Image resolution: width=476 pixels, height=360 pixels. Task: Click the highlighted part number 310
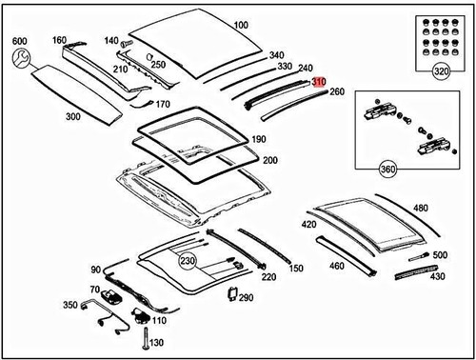pyautogui.click(x=319, y=83)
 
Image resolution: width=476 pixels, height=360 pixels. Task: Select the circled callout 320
pyautogui.click(x=441, y=70)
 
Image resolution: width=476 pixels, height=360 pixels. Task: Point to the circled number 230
pyautogui.click(x=186, y=260)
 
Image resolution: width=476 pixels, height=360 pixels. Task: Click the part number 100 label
pyautogui.click(x=240, y=25)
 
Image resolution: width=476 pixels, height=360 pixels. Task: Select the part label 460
pyautogui.click(x=337, y=266)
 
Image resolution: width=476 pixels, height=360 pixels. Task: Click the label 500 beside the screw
pyautogui.click(x=439, y=255)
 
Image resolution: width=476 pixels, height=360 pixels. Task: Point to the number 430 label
pyautogui.click(x=437, y=276)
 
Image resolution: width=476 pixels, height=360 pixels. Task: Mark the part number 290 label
pyautogui.click(x=247, y=298)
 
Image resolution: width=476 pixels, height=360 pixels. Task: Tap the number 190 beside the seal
pyautogui.click(x=259, y=139)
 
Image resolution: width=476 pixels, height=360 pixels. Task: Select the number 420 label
pyautogui.click(x=308, y=225)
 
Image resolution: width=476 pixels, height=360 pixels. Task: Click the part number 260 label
pyautogui.click(x=336, y=92)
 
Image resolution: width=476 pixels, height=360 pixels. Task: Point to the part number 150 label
pyautogui.click(x=296, y=269)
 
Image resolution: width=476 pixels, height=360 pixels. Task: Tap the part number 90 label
pyautogui.click(x=95, y=270)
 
